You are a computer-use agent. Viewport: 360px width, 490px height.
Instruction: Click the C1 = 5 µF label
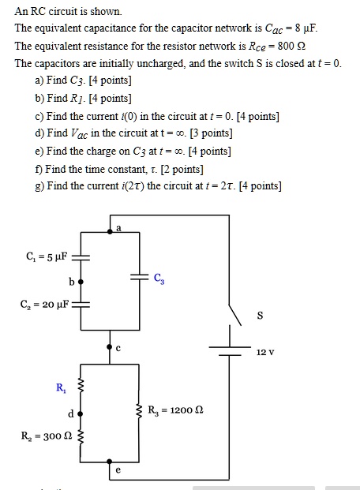[47, 256]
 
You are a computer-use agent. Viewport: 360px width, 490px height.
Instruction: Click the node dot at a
[110, 230]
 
